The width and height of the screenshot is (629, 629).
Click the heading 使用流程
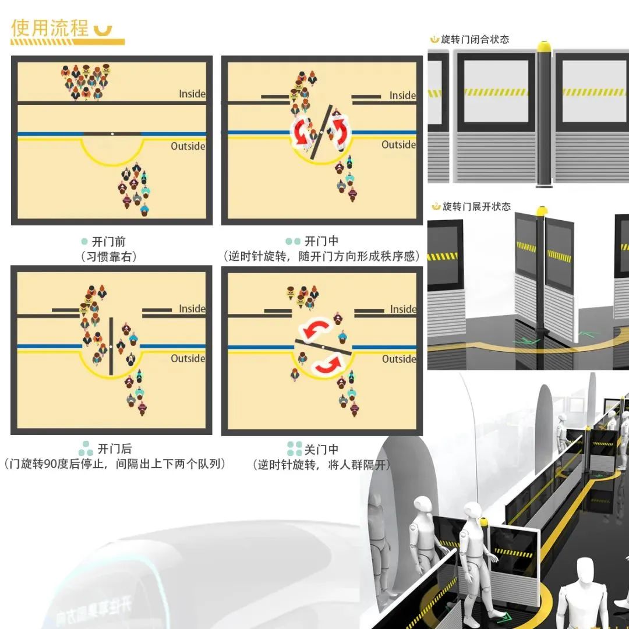[x=50, y=28]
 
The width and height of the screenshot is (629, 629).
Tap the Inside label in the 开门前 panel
[x=192, y=94]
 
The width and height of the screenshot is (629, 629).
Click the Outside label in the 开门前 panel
[x=188, y=146]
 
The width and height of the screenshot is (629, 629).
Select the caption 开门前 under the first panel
[x=110, y=242]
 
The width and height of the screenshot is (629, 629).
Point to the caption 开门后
[x=114, y=449]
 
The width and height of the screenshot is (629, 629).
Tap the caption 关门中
[x=321, y=450]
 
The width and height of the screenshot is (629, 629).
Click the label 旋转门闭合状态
[x=475, y=40]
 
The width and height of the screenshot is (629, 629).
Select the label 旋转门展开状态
[x=476, y=206]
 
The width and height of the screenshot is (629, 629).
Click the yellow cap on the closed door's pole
[x=545, y=45]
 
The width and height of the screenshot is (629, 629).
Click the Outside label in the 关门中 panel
[x=398, y=359]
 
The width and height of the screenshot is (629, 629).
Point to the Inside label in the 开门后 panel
[x=192, y=309]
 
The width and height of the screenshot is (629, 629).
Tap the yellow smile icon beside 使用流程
[x=102, y=30]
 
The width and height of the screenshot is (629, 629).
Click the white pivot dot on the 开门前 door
[x=112, y=134]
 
